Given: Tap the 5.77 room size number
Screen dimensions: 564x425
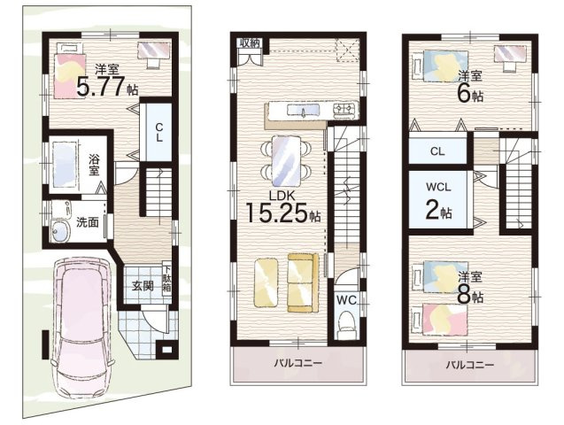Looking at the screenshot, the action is coord(101,86).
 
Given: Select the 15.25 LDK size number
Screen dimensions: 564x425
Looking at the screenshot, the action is coord(276,212).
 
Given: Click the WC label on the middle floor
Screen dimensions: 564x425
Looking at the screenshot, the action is coord(346,300).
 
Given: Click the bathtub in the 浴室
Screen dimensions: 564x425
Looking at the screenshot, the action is coord(66,164).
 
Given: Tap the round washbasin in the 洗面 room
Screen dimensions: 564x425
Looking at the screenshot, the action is coord(60,230).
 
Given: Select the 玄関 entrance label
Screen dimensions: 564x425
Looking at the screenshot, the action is coord(143,286).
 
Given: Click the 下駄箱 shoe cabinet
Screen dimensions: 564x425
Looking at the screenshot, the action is coord(166,279).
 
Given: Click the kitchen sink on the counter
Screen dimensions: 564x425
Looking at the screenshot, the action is coord(303,110).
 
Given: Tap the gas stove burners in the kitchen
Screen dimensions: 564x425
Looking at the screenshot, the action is coord(345,109).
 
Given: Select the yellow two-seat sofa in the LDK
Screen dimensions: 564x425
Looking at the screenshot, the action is coord(303,282).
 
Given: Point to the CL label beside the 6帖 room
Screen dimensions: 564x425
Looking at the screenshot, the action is coord(437,151).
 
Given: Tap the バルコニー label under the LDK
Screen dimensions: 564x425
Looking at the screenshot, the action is coord(297,363).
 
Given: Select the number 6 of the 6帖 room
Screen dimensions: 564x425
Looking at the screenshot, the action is coord(464,94).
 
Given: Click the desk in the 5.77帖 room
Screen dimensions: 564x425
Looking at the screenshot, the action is coord(153,50).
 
